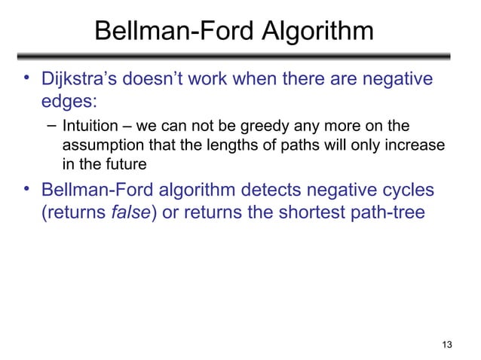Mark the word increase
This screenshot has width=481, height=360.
417,144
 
